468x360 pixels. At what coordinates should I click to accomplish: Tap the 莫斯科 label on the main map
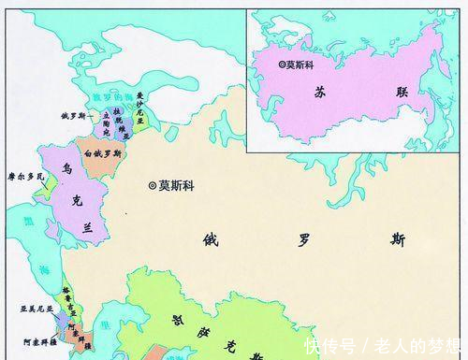point(179,185)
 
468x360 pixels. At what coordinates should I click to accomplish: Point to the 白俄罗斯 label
point(102,152)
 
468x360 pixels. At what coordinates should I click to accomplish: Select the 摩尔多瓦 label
point(26,175)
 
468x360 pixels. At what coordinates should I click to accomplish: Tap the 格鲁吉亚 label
point(66,296)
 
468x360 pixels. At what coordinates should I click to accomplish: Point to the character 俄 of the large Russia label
point(211,239)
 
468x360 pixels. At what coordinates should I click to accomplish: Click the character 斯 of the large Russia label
point(399,239)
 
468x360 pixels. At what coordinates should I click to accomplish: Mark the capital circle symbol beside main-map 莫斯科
point(153,185)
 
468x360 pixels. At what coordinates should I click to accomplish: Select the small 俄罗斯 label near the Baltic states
point(73,116)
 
